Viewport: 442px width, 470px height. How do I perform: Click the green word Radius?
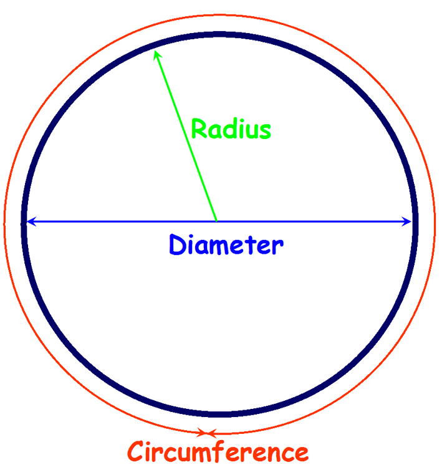tap(231, 129)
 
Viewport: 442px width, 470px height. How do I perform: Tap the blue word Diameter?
tap(226, 245)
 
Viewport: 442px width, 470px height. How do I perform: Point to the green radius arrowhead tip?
tap(156, 52)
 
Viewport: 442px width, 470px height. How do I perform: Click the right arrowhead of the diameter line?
tap(408, 221)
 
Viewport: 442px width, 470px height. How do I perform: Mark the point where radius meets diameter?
tap(216, 221)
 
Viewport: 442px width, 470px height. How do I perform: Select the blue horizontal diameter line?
tap(312, 221)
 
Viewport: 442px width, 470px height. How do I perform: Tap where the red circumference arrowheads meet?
tap(208, 433)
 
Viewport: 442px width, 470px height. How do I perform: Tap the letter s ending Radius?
tap(265, 130)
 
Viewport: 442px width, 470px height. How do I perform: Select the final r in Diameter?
tap(278, 247)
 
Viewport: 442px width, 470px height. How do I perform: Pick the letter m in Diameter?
tap(221, 247)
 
